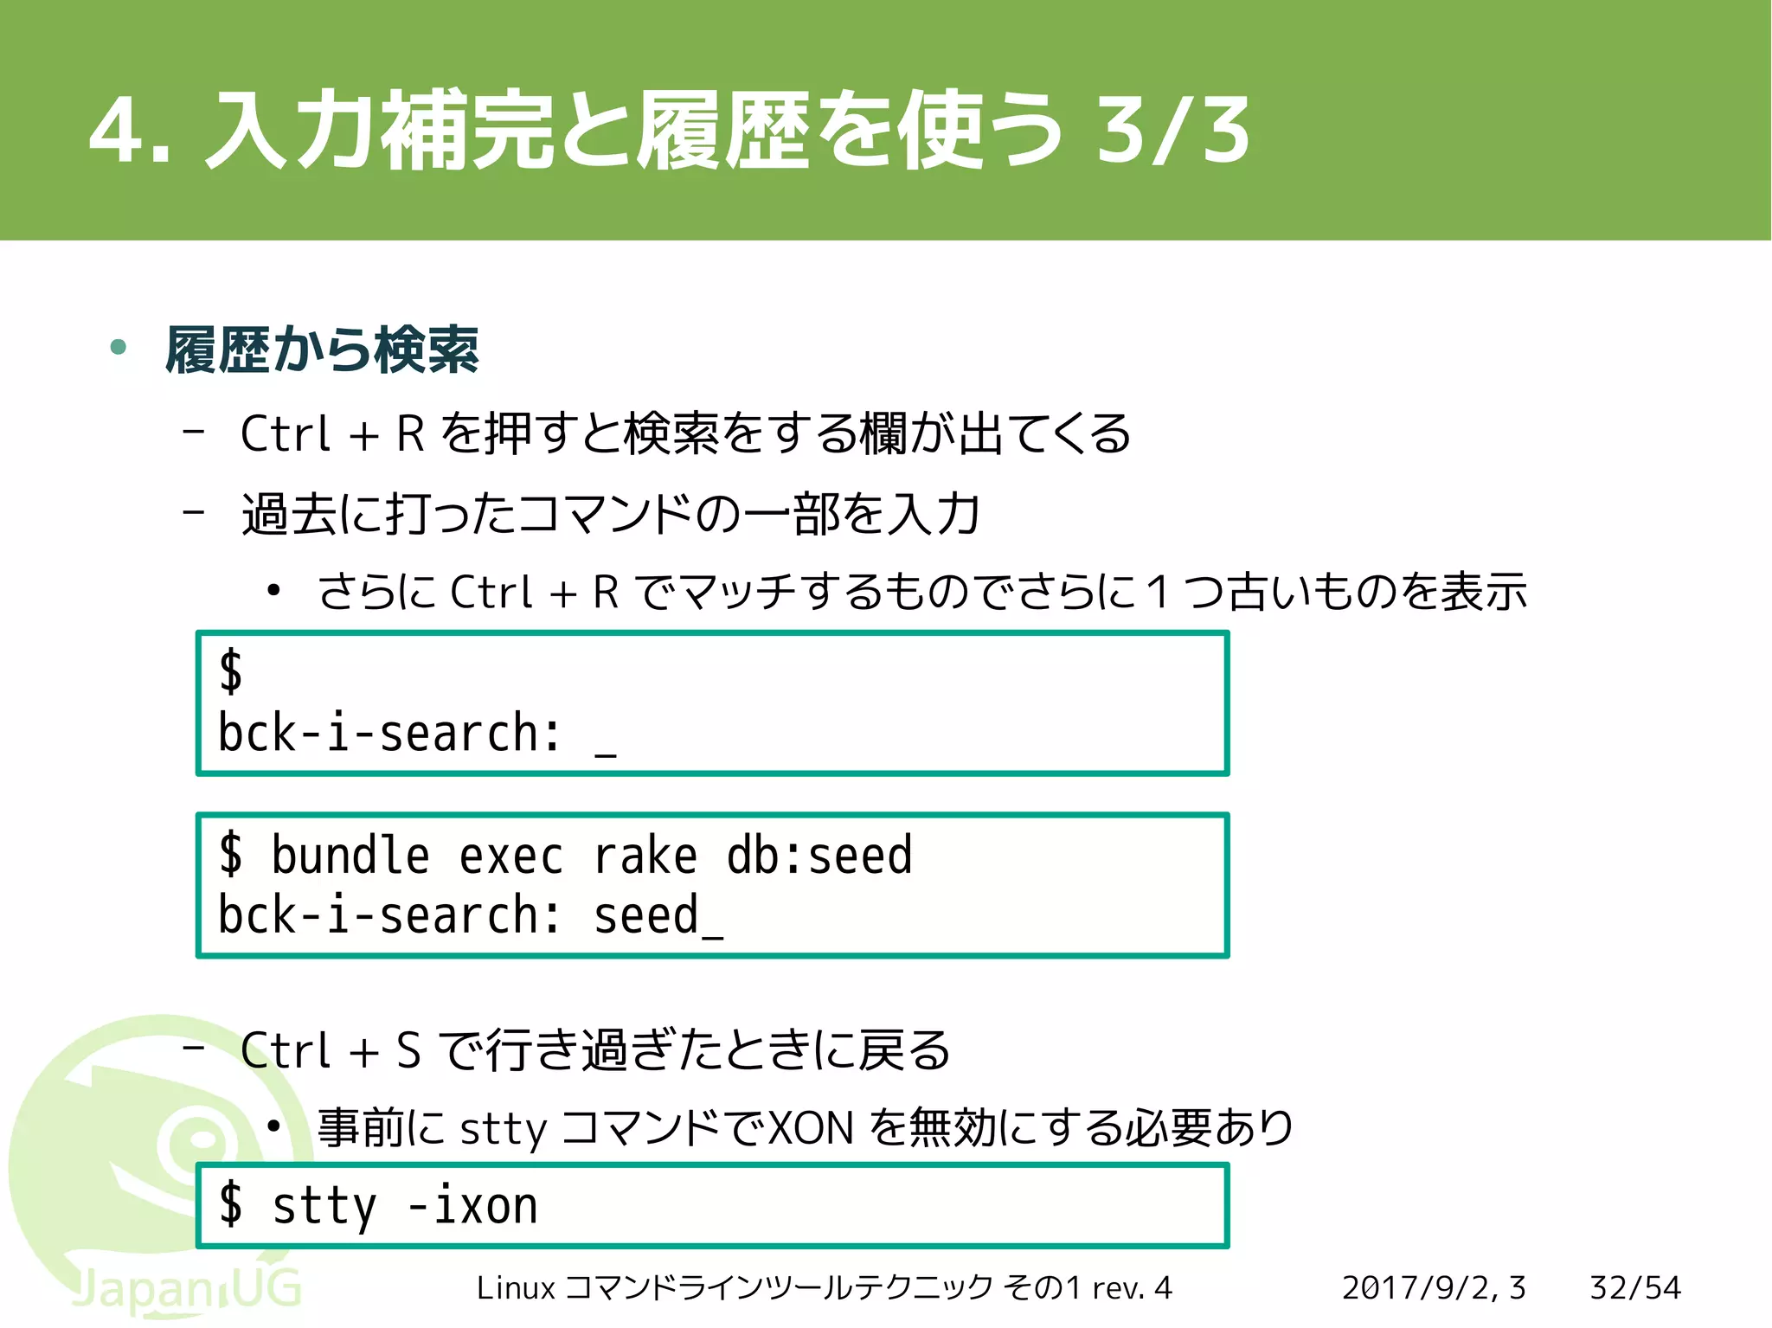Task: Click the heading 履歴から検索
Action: pos(322,350)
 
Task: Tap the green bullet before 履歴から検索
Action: pos(119,348)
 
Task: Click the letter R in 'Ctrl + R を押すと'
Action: pos(410,434)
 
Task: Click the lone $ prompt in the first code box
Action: pos(230,670)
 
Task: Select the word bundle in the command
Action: pos(350,856)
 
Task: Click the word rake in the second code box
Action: pos(645,856)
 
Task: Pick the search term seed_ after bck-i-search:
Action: pos(658,916)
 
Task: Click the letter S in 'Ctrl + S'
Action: pos(408,1051)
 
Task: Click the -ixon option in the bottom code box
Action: pos(472,1205)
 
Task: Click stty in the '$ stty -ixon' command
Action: pos(324,1207)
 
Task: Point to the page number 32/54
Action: pos(1634,1288)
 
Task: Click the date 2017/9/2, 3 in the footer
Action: pos(1434,1288)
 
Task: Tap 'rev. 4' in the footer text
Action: pos(1132,1288)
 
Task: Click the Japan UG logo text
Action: pos(186,1289)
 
